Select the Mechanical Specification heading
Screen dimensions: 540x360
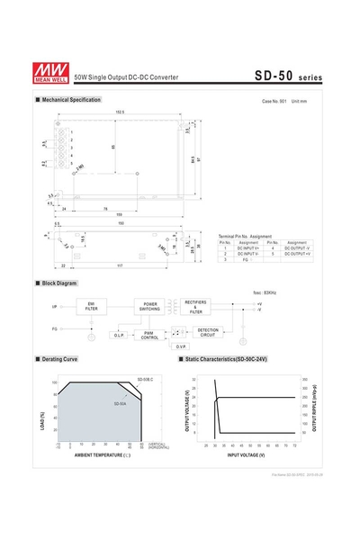tap(71, 100)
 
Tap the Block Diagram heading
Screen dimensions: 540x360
tap(60, 283)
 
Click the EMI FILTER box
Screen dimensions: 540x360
tap(92, 307)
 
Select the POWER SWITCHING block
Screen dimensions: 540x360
tap(150, 307)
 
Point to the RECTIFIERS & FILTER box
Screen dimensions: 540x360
tap(197, 307)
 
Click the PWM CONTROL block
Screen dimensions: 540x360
tap(150, 335)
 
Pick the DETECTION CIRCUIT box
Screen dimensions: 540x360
tap(208, 332)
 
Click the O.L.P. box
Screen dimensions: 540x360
tap(119, 335)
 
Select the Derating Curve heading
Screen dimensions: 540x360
tap(59, 359)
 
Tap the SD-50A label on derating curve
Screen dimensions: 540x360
tap(121, 403)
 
